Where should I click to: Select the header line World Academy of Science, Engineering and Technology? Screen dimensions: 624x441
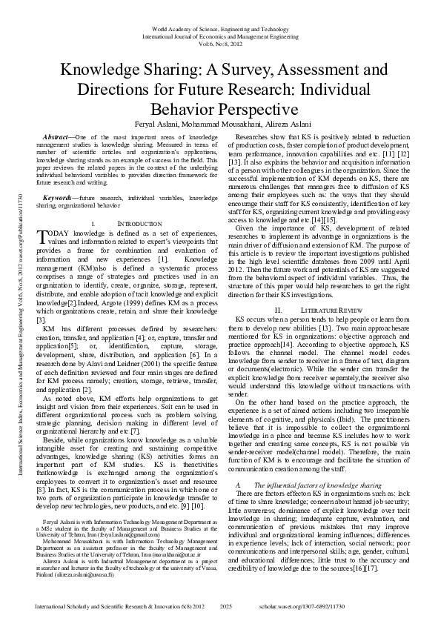tap(220, 27)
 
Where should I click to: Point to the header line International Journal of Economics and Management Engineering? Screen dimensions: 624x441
tap(220, 36)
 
